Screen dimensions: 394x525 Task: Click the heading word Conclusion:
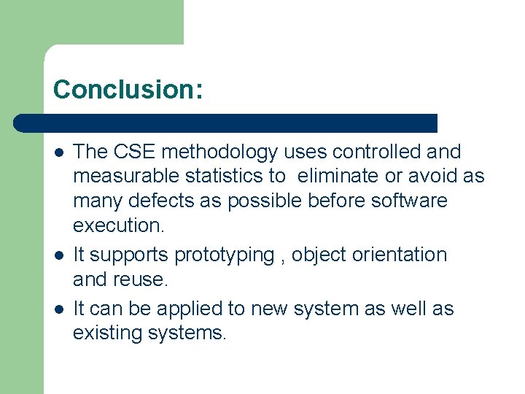point(128,90)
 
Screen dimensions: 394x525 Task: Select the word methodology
point(219,152)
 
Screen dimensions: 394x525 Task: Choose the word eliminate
point(338,176)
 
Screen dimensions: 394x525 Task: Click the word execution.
point(119,225)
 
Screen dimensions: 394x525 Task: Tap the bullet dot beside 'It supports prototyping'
point(58,255)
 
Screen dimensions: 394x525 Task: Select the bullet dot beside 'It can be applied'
point(58,309)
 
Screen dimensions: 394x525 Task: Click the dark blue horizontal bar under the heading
point(226,123)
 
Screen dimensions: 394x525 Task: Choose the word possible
point(271,200)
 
